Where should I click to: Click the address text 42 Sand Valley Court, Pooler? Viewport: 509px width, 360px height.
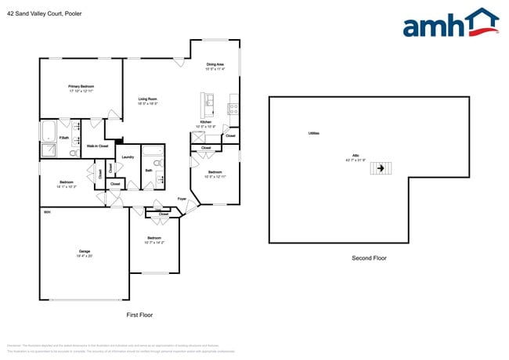(x=44, y=13)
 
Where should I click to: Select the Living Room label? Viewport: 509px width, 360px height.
(x=148, y=100)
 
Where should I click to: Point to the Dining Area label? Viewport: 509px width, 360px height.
(x=215, y=66)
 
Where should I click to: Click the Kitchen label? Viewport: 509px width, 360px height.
(x=205, y=124)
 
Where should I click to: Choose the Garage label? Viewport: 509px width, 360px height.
(x=85, y=253)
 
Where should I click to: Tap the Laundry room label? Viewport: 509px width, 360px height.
(x=128, y=157)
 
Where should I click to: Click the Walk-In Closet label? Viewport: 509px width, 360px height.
(x=97, y=146)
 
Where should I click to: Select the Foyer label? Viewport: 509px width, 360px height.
(x=182, y=199)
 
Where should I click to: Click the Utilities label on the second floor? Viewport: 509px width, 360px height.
(x=313, y=134)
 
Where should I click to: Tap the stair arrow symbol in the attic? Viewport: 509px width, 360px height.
(x=381, y=167)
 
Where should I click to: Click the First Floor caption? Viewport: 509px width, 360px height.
(x=139, y=315)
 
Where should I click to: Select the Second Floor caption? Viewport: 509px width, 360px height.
(x=368, y=257)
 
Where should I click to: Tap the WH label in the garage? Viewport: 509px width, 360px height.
(x=47, y=212)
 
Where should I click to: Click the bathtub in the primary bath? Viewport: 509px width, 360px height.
(x=48, y=128)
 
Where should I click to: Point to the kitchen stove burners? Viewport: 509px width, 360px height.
(x=233, y=110)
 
